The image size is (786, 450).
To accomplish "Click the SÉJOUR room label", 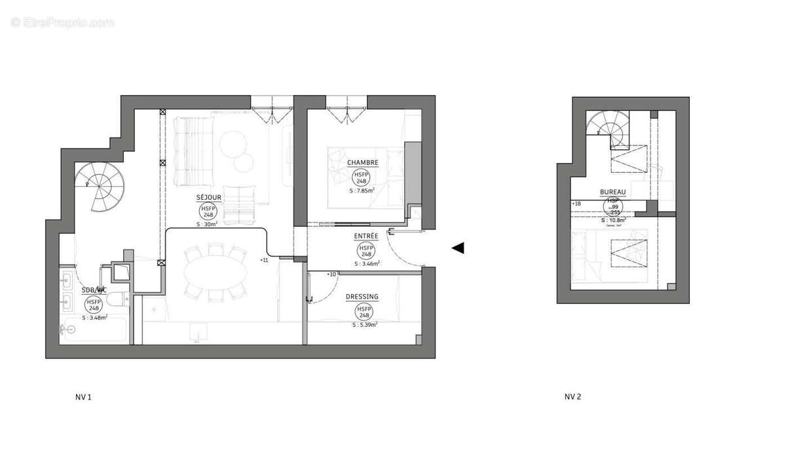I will [209, 198].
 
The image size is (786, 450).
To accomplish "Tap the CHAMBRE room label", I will [362, 162].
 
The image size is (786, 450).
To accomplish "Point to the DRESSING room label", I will [362, 297].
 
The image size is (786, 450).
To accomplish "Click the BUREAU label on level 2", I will [613, 193].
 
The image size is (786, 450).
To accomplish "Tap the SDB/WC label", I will [93, 290].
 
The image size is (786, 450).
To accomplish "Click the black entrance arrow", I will [458, 248].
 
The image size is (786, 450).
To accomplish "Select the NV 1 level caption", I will [83, 397].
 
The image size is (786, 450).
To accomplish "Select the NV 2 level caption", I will [573, 397].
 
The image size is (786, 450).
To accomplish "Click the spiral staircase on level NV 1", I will [100, 187].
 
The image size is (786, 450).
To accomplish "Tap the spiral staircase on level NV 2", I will [607, 128].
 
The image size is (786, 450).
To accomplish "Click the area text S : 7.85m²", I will [362, 191].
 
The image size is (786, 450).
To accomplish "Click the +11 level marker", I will [264, 261].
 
